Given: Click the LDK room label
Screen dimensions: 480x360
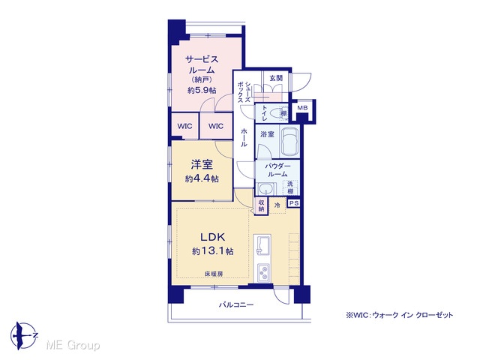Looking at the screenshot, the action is [213, 237].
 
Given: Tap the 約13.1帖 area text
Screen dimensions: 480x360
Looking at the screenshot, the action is [213, 251].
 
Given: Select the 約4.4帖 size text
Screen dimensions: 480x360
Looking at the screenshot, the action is [202, 178].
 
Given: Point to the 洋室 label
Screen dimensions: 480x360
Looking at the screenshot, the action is [202, 165].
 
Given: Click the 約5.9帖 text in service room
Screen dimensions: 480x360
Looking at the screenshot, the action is [202, 90].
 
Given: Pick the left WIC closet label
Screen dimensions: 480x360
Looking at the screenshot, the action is [185, 126].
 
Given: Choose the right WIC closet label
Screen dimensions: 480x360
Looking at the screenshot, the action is [216, 126].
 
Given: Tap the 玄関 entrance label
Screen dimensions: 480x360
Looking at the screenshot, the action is [276, 78].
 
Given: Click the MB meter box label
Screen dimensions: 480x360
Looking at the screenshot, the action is [302, 108].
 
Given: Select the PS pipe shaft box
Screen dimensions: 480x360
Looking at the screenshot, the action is [294, 203].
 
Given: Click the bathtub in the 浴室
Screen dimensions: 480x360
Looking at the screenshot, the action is [290, 142].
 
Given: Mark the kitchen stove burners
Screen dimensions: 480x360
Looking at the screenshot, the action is [263, 272].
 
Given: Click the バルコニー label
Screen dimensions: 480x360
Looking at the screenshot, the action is [236, 305].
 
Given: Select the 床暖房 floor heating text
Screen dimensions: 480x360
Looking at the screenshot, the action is [213, 274].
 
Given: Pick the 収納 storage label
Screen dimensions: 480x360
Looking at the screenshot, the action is [261, 205].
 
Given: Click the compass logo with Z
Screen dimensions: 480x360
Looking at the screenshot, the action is [23, 335].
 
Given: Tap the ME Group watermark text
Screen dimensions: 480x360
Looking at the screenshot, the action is [73, 345].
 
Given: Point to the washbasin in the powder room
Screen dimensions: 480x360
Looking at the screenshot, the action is [266, 188].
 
